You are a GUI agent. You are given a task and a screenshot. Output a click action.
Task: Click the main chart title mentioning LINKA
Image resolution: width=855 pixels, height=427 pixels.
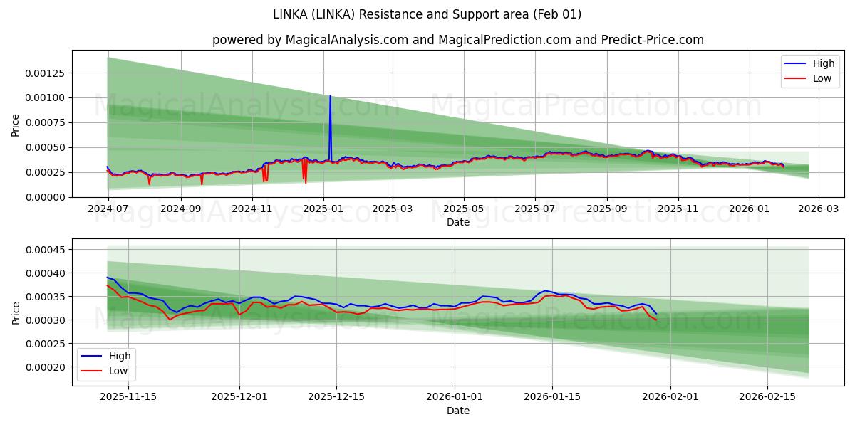click(427, 14)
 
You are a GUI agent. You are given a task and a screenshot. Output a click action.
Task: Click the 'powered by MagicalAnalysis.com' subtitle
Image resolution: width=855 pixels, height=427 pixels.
click(457, 40)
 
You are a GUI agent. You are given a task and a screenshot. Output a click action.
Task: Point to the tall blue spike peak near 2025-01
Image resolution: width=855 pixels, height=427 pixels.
click(330, 96)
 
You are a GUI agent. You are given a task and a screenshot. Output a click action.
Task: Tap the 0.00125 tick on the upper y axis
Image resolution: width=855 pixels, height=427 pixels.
click(46, 73)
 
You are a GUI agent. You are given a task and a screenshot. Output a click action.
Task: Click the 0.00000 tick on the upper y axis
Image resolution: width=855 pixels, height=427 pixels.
click(46, 197)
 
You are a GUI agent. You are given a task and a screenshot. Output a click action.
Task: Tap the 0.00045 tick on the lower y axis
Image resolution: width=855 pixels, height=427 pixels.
click(46, 250)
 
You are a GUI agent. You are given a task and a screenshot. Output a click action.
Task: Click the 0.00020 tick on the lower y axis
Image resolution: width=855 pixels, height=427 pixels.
click(46, 367)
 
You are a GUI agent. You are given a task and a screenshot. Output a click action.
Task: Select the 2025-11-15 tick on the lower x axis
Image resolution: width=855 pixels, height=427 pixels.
click(128, 397)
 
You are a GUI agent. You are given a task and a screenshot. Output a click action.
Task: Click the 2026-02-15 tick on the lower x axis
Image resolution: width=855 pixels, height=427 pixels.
click(767, 397)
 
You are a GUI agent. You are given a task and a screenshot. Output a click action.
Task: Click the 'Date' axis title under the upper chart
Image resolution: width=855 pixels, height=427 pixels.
click(457, 222)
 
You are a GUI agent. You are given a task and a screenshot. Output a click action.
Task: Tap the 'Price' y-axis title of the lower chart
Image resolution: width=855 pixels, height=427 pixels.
click(16, 312)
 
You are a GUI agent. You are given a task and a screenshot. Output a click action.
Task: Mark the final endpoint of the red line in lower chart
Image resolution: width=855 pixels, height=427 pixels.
click(656, 320)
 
